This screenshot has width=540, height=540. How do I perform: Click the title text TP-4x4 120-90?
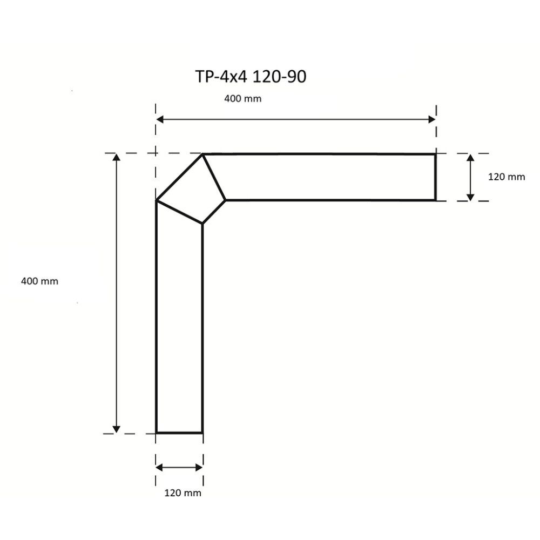[x=250, y=77]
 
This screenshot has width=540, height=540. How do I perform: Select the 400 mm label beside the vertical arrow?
[x=39, y=281]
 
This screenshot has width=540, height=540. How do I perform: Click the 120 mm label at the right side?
[x=506, y=177]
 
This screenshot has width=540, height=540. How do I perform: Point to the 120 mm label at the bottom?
[x=183, y=492]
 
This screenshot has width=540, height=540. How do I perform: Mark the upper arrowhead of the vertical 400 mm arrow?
[x=116, y=157]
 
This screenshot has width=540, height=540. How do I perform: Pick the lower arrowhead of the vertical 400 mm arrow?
[x=116, y=429]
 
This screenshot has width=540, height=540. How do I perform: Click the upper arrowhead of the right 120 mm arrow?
[x=470, y=158]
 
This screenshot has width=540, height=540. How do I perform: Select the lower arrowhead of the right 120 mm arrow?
[x=470, y=197]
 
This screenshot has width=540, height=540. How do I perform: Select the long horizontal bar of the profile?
[x=329, y=177]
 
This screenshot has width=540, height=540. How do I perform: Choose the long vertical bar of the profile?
[x=179, y=329]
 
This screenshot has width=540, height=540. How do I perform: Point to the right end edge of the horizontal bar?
[x=435, y=177]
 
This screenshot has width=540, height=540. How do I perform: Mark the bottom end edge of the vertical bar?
[x=179, y=433]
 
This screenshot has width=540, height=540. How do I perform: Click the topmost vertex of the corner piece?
[x=202, y=154]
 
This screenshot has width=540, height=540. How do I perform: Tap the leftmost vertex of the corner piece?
[x=157, y=201]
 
